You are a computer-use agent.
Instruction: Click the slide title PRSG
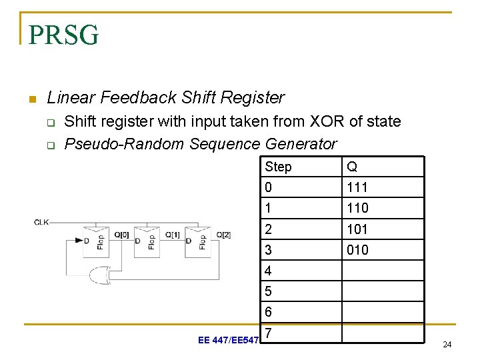tap(64, 35)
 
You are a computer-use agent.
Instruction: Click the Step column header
tap(278, 167)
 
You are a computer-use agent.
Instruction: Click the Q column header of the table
tap(351, 167)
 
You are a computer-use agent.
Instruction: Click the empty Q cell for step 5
tap(383, 291)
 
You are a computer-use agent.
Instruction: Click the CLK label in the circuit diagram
tap(41, 222)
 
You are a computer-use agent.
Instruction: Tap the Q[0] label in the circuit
tap(121, 235)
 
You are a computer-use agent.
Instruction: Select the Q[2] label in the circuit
tap(223, 235)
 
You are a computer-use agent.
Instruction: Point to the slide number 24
tap(447, 345)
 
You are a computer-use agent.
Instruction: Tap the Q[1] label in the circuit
tap(172, 235)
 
